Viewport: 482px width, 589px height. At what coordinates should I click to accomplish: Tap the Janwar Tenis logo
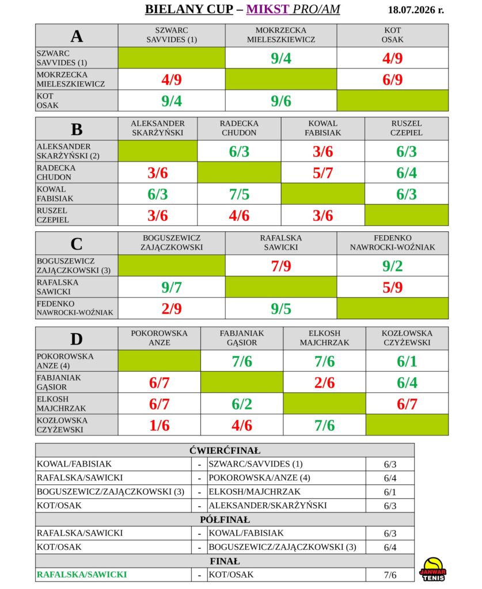432,569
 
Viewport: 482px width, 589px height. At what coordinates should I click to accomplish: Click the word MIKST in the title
268,9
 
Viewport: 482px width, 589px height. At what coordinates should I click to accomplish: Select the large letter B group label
77,129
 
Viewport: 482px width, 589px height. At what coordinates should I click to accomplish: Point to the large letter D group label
77,339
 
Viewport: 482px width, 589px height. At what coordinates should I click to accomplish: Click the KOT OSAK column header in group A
393,35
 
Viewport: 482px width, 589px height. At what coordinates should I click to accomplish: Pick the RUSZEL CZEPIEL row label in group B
52,215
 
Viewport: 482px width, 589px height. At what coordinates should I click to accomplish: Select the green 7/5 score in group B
239,194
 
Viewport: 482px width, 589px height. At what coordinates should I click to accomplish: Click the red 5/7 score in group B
323,173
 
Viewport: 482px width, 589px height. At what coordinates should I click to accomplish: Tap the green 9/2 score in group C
393,266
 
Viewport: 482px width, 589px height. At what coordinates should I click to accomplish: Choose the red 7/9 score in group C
281,266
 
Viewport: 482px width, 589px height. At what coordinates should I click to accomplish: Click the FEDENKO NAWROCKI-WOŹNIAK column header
393,243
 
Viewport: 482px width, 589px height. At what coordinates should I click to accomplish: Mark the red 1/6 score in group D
160,425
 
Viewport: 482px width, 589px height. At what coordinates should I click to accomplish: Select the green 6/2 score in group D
242,404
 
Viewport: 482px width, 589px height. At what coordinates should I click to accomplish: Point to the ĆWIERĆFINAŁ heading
225,450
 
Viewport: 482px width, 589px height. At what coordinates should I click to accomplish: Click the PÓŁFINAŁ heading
225,519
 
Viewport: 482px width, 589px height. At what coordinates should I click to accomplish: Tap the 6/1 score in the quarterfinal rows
390,492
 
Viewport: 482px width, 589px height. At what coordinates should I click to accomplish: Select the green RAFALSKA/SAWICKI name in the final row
82,575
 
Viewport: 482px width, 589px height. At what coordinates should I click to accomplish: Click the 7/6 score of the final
390,575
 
